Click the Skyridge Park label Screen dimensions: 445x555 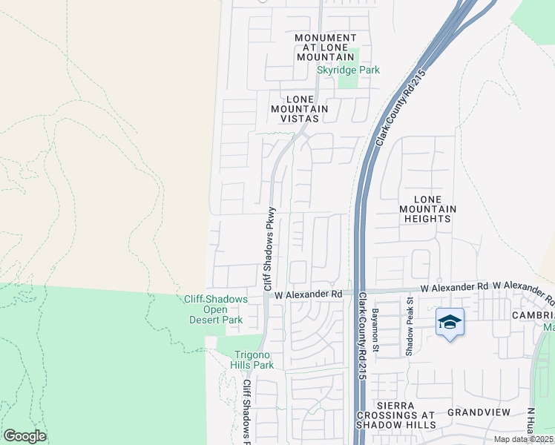point(348,70)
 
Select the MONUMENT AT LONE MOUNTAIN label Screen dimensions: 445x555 point(325,47)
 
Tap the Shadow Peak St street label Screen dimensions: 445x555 point(409,326)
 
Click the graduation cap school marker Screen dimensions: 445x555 point(450,322)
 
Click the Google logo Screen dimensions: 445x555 point(24,436)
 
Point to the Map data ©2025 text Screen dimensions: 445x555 point(524,439)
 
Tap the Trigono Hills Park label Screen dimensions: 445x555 point(254,360)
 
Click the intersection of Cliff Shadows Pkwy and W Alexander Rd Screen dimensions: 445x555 point(267,294)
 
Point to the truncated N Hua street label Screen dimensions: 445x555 point(531,424)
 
